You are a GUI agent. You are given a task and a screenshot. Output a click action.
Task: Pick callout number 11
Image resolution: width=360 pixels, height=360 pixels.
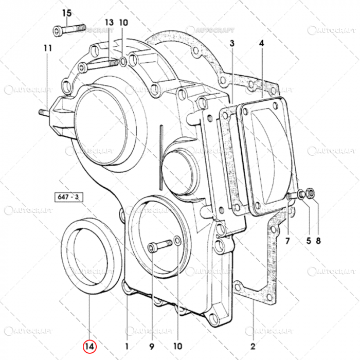point(48,48)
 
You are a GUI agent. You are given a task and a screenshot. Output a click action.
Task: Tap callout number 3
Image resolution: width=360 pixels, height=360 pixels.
point(232,44)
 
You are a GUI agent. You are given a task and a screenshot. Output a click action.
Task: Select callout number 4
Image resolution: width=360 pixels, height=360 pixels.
point(261,44)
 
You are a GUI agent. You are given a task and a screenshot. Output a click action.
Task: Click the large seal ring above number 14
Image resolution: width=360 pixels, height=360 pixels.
point(91,256)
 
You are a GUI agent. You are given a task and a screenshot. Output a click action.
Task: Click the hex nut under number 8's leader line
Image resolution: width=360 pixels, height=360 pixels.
point(311,194)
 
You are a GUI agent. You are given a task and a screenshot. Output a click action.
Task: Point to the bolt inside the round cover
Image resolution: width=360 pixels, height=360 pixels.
point(160,245)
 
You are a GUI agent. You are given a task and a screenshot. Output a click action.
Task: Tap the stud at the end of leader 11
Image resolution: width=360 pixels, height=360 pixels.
point(44,112)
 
